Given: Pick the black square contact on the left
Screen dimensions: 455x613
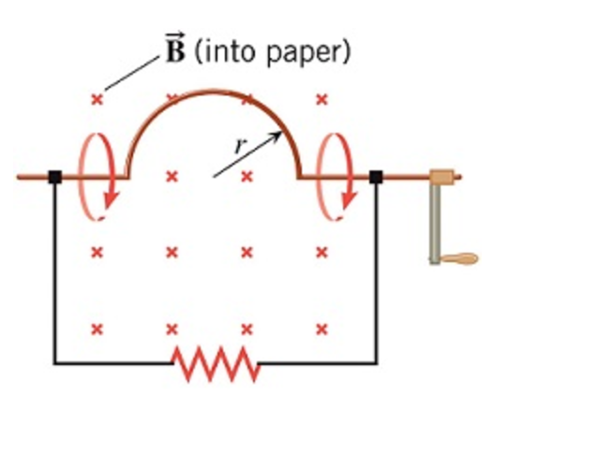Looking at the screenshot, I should tap(54, 176).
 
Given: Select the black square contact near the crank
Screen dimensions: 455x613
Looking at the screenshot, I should tap(376, 176).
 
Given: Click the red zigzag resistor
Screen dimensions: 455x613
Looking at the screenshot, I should tap(217, 362).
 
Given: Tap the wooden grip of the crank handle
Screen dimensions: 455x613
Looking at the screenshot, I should tap(460, 258).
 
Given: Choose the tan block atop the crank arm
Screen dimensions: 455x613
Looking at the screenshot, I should tap(441, 176).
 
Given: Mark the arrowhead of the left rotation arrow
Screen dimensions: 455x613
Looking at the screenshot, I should tap(112, 199).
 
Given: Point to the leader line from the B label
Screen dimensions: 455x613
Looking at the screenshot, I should tap(131, 73).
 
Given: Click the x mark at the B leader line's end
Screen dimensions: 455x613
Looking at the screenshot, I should tap(97, 99).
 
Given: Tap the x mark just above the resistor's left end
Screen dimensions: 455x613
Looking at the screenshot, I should tap(172, 329).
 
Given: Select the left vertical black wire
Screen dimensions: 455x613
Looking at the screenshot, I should tap(54, 272).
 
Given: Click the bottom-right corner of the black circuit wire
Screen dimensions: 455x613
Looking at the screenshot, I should tap(376, 362).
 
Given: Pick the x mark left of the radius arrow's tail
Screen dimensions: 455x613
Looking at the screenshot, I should tap(172, 176).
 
